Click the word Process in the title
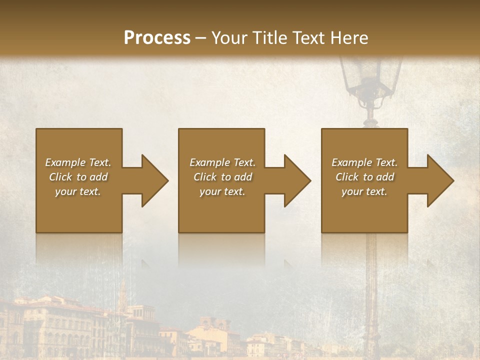pyautogui.click(x=157, y=38)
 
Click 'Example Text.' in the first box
pyautogui.click(x=78, y=162)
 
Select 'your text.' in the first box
pyautogui.click(x=78, y=191)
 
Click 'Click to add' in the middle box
pyautogui.click(x=222, y=177)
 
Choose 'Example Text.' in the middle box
pyautogui.click(x=222, y=162)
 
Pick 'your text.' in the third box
pyautogui.click(x=364, y=191)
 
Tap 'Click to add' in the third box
pyautogui.click(x=364, y=177)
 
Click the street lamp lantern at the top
pyautogui.click(x=370, y=75)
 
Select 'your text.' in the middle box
pyautogui.click(x=222, y=191)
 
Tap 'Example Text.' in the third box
pyautogui.click(x=364, y=162)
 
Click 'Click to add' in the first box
pyautogui.click(x=78, y=177)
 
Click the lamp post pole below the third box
pyautogui.click(x=371, y=280)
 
